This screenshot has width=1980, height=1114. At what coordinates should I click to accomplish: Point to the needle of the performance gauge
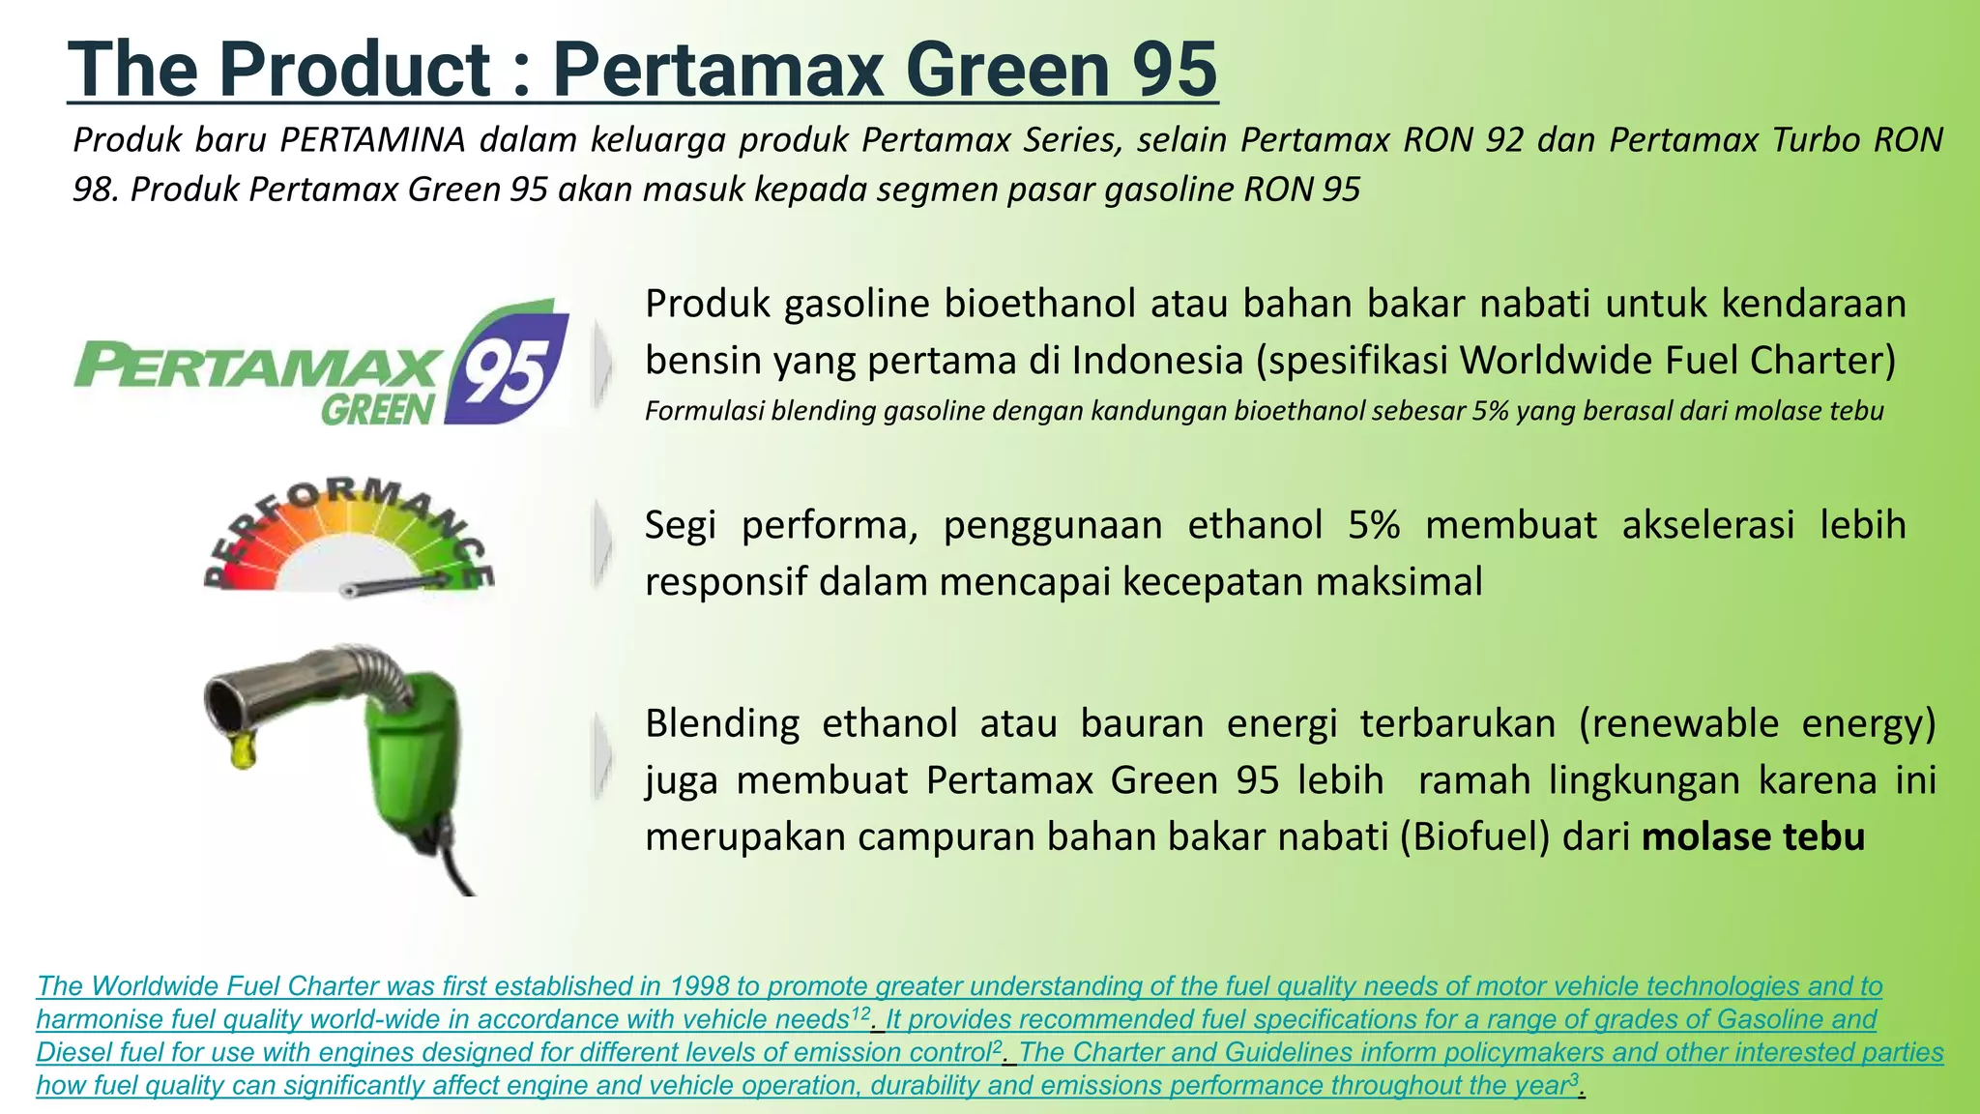pyautogui.click(x=396, y=584)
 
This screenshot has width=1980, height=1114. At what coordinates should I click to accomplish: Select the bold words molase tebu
pyautogui.click(x=1753, y=836)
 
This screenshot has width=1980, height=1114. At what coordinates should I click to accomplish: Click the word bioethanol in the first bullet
pyautogui.click(x=1039, y=304)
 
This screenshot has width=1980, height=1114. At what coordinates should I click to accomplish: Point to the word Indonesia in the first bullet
pyautogui.click(x=1151, y=361)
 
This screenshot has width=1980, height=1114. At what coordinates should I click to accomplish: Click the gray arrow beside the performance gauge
pyautogui.click(x=602, y=544)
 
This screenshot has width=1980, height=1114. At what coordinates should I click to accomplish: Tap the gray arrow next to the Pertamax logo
pyautogui.click(x=602, y=364)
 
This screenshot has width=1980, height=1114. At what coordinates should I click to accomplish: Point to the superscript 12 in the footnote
pyautogui.click(x=859, y=1013)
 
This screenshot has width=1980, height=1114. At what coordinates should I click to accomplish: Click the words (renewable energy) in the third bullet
pyautogui.click(x=1757, y=723)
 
